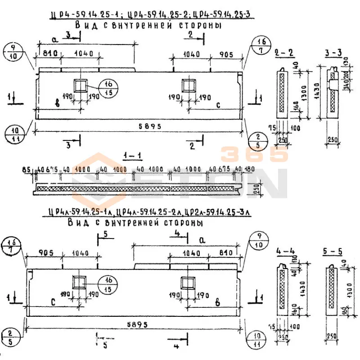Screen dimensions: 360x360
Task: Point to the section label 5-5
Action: point(333,249)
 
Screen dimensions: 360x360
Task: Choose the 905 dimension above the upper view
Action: point(226,55)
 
